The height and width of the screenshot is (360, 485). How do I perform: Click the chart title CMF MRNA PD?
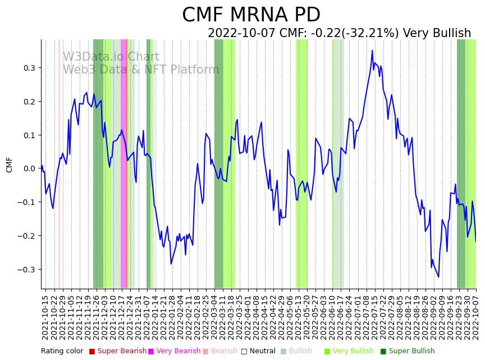click(x=251, y=15)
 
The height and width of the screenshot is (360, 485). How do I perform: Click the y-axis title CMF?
click(x=10, y=165)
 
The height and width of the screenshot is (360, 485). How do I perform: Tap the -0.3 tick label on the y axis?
click(x=26, y=270)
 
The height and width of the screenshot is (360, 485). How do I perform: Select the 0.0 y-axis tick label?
click(x=28, y=168)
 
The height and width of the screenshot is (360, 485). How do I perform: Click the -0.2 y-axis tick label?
click(x=26, y=236)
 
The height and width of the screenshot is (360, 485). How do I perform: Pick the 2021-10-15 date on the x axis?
click(x=45, y=317)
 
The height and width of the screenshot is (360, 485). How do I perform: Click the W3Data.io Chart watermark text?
click(x=111, y=57)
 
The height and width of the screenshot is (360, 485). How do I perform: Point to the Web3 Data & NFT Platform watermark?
click(x=140, y=70)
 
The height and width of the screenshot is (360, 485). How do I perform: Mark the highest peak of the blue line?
click(x=372, y=51)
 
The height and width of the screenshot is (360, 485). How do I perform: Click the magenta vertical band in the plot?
click(x=123, y=163)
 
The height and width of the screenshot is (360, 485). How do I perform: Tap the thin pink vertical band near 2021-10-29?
click(x=59, y=163)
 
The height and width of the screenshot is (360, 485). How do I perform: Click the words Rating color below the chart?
click(x=62, y=352)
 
